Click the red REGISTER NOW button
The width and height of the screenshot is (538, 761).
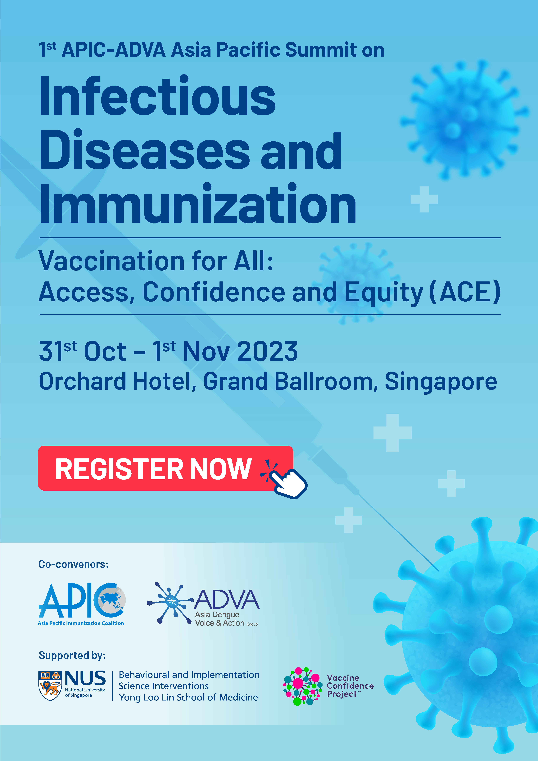click(166, 468)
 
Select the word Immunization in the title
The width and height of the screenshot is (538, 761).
click(198, 204)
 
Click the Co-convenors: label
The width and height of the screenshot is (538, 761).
click(74, 564)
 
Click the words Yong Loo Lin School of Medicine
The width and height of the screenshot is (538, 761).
click(188, 697)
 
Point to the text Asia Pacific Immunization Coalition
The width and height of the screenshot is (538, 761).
click(81, 623)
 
